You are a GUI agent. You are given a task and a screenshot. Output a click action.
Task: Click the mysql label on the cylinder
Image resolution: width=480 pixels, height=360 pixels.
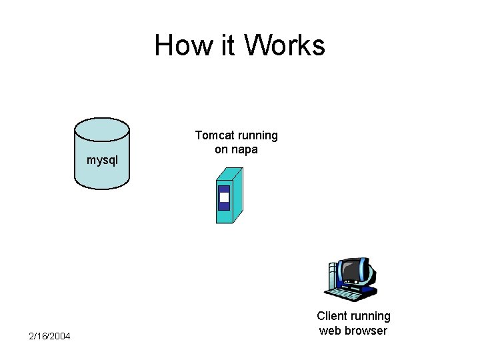pyautogui.click(x=102, y=160)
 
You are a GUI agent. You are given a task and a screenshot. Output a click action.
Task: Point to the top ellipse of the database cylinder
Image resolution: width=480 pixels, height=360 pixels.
pyautogui.click(x=102, y=127)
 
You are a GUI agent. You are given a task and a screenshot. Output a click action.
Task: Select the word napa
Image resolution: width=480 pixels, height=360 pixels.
pyautogui.click(x=245, y=150)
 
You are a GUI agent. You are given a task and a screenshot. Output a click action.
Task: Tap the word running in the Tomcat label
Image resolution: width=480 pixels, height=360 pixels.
pyautogui.click(x=257, y=136)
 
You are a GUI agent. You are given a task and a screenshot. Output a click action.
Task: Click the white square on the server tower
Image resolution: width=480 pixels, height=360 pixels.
pyautogui.click(x=224, y=197)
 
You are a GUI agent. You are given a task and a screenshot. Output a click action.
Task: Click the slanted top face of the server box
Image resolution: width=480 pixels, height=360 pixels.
pyautogui.click(x=231, y=173)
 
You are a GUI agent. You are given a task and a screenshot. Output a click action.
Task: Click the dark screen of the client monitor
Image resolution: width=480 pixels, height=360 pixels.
pyautogui.click(x=352, y=271)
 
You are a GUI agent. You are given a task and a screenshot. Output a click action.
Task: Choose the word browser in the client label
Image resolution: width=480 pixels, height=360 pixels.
pyautogui.click(x=367, y=331)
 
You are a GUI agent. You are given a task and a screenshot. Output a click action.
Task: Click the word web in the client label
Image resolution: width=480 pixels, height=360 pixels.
pyautogui.click(x=331, y=331)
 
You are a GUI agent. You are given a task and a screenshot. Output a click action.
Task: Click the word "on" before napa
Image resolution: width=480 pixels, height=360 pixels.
pyautogui.click(x=222, y=150)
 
